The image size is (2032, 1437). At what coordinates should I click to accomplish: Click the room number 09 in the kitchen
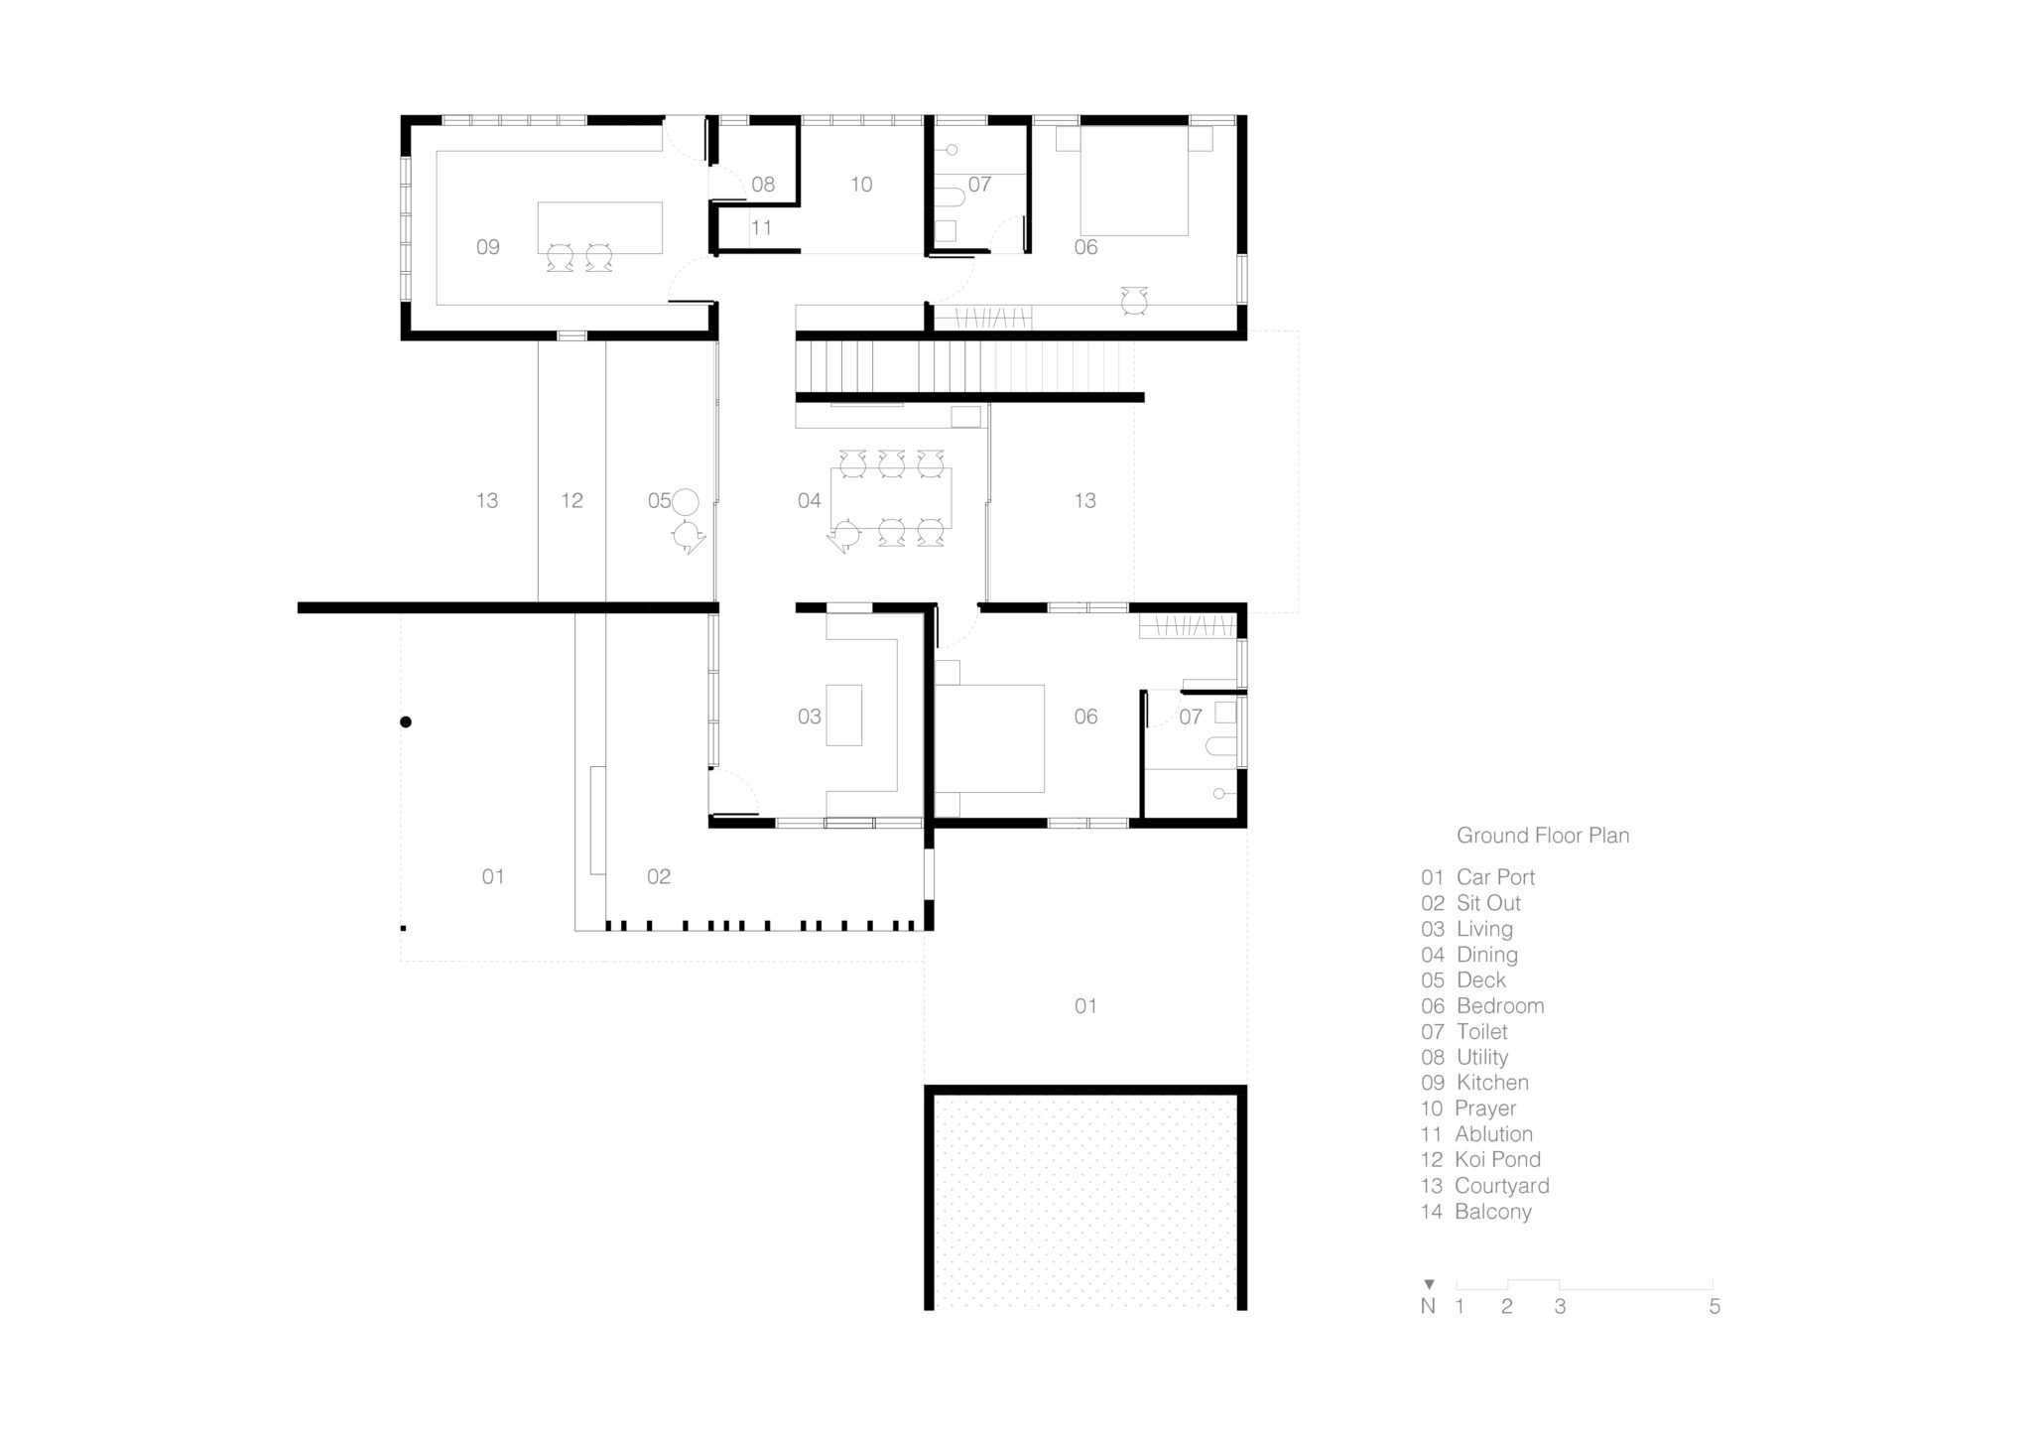click(487, 247)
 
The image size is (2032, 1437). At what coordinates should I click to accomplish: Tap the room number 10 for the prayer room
click(861, 185)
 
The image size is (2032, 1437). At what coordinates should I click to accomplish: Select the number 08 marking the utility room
click(763, 185)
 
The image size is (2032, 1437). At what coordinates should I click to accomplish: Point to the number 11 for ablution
click(761, 228)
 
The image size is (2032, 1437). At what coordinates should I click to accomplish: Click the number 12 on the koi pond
click(571, 501)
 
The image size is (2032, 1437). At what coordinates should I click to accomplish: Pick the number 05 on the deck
click(659, 501)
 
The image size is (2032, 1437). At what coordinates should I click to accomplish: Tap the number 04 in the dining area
click(810, 501)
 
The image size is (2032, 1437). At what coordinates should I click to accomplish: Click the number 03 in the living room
click(810, 717)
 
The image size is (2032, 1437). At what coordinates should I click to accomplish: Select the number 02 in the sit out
click(659, 877)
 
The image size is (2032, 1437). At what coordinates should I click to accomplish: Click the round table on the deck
click(686, 502)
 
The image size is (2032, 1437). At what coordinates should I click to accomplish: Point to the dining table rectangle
click(891, 498)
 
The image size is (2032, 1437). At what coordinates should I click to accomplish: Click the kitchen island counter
click(600, 227)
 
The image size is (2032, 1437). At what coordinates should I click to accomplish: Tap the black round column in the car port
click(406, 722)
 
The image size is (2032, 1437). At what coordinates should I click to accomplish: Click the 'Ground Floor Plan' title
click(1543, 837)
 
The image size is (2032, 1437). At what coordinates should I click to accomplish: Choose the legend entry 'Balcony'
click(1492, 1212)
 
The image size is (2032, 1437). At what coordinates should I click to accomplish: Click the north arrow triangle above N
click(1429, 1284)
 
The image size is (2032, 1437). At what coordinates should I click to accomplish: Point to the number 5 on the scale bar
click(1714, 1307)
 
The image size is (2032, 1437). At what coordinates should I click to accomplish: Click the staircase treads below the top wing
click(967, 366)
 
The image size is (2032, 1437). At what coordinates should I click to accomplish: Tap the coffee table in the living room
click(844, 715)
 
